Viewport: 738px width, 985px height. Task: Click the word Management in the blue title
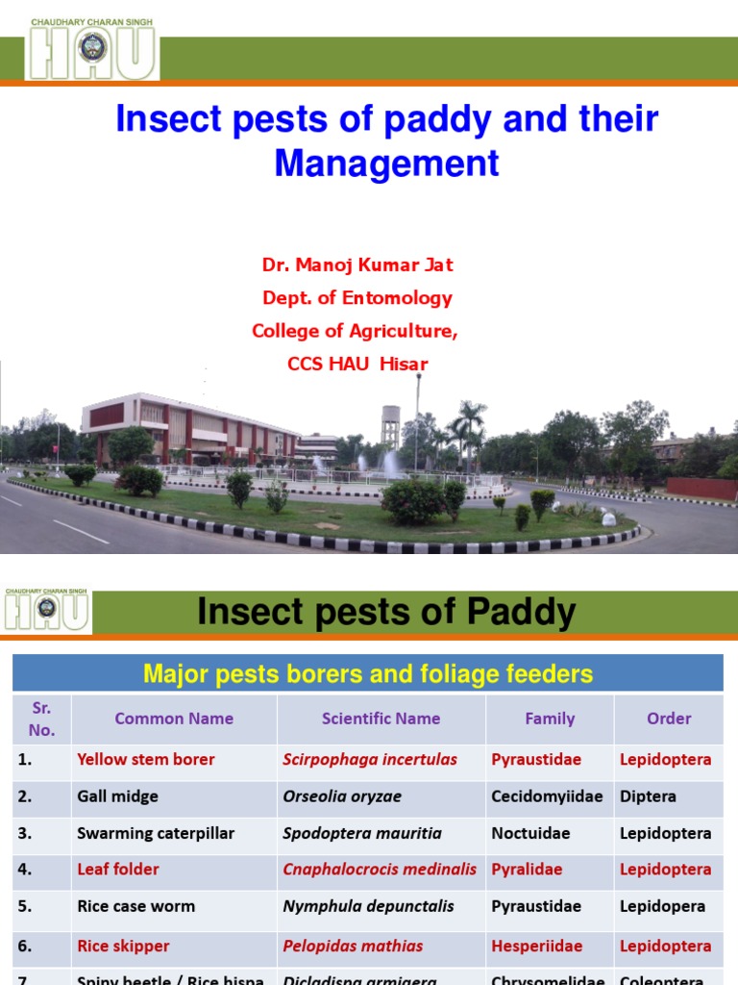coord(386,163)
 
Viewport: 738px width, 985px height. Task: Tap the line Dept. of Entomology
coord(357,298)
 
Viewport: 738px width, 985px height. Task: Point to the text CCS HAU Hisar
coord(357,364)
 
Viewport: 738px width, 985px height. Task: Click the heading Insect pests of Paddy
coord(386,612)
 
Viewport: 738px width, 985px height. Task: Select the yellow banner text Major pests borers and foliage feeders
coord(368,674)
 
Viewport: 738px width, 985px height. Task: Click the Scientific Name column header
coord(381,719)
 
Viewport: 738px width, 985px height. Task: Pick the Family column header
coord(550,719)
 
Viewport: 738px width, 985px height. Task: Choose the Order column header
coord(669,719)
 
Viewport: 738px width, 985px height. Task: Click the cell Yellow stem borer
coord(146,760)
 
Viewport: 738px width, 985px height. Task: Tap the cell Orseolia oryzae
coord(342,796)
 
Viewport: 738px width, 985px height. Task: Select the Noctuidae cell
coord(530,833)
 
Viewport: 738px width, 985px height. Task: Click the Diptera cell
coord(648,796)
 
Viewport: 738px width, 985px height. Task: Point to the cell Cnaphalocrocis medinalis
coord(380,870)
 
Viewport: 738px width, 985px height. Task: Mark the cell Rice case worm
coord(135,906)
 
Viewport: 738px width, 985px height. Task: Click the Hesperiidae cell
coord(536,947)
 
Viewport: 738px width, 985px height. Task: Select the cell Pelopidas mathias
coord(353,947)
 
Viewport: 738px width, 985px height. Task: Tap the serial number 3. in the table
coord(25,833)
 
